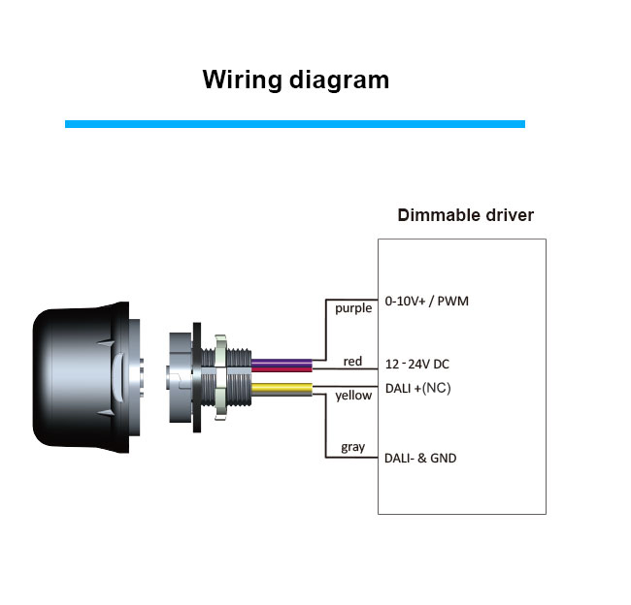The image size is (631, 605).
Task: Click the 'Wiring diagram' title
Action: point(296,80)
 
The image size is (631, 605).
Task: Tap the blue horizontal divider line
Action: point(295,124)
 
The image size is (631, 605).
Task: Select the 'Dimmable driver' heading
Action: point(466,215)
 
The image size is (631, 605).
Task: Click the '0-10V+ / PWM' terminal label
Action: point(426,302)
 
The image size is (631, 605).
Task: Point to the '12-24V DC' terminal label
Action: point(416,365)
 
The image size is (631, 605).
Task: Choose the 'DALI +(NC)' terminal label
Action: point(417,389)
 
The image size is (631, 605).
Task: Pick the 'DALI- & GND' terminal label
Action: point(420,459)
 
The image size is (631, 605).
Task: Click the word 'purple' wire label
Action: point(353,308)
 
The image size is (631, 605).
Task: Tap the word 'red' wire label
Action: point(352,362)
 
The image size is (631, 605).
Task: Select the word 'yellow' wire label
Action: point(353,396)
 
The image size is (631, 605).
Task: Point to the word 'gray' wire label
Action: point(353,447)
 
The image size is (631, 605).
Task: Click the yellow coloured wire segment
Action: point(282,388)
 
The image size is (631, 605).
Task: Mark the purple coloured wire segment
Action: point(282,363)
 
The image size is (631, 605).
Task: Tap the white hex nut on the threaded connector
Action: point(221,377)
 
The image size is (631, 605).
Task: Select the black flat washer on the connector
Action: point(197,377)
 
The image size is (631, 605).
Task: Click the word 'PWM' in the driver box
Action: point(452,302)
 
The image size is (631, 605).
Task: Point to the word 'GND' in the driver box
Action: point(443,459)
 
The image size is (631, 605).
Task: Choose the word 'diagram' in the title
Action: point(339,81)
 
